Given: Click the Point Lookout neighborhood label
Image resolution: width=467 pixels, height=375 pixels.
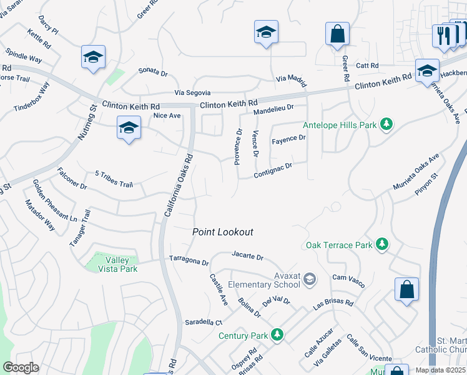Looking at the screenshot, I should tap(223, 232).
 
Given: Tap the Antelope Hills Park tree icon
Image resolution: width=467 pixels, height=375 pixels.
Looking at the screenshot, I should tap(386, 124).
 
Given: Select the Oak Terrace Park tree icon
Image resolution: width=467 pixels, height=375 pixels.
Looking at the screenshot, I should tap(381, 245).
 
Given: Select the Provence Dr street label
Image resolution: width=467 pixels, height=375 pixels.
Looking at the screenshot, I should tap(238, 147).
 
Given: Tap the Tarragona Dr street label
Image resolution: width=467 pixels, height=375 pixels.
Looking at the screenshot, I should tap(189, 259).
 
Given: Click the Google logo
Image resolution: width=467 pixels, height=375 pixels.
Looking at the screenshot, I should tap(21, 367).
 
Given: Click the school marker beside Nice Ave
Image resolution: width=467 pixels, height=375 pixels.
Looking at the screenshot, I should tap(129, 129).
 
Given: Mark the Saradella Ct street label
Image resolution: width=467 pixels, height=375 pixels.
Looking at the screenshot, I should tap(204, 322).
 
